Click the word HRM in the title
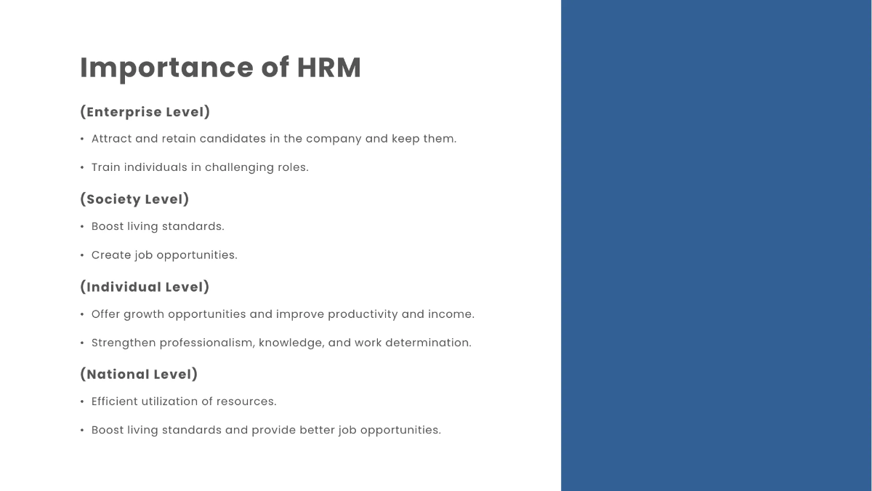328,68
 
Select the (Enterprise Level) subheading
145,112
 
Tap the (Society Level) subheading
134,199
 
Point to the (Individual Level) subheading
145,287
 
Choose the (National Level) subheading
139,375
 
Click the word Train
106,167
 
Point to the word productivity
363,314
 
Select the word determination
428,343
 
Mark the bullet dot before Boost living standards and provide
82,431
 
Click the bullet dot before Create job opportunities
82,255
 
